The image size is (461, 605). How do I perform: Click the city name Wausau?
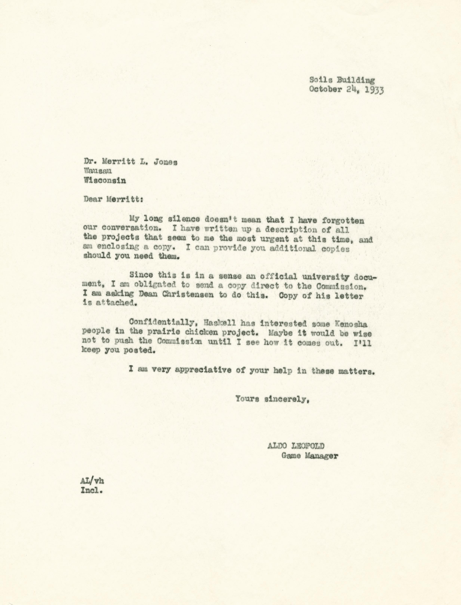pos(98,171)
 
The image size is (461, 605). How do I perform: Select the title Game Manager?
pos(310,456)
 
